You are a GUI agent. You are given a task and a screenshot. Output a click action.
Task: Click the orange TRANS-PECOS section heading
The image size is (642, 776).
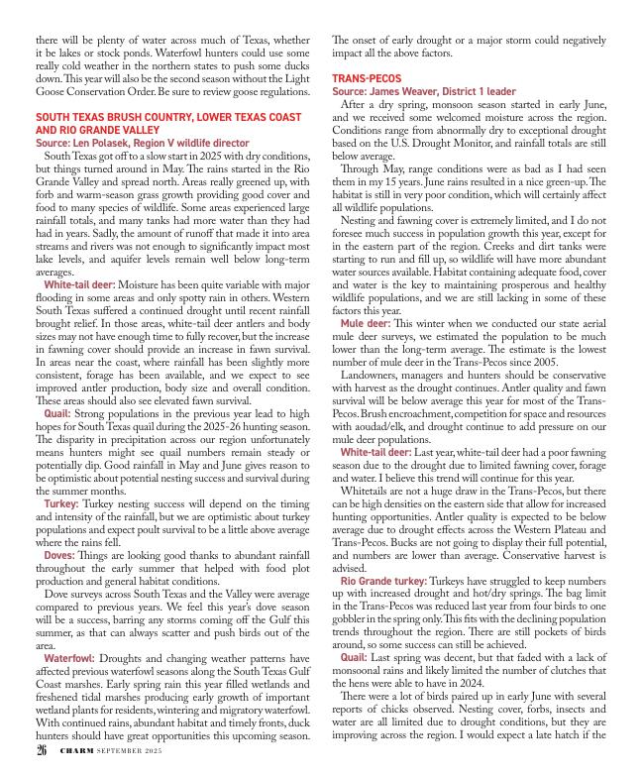[367, 77]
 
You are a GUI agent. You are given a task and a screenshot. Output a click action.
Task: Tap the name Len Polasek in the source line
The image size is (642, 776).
[108, 143]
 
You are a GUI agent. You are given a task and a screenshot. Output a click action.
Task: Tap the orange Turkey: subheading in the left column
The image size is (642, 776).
[61, 503]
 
